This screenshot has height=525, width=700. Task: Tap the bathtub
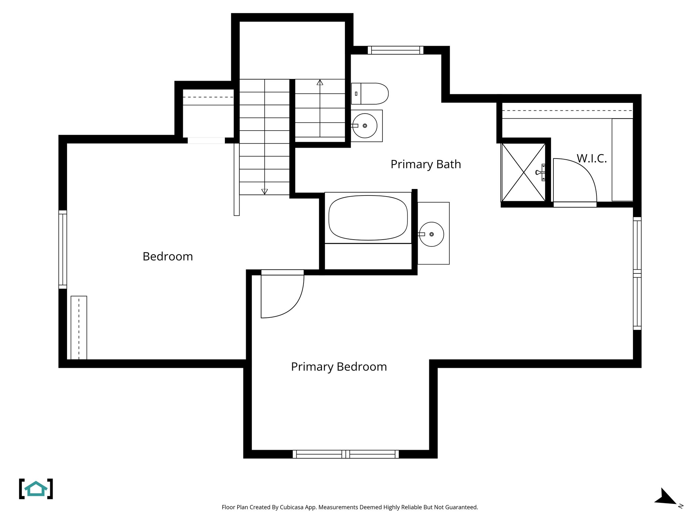(x=368, y=218)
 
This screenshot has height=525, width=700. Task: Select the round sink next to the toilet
(x=365, y=126)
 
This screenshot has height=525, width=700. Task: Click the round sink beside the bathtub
(x=431, y=234)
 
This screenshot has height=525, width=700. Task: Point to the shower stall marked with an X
(x=523, y=173)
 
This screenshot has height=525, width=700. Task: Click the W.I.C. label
(x=591, y=159)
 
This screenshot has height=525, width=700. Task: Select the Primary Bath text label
(x=426, y=164)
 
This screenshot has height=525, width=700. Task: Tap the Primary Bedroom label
(x=339, y=367)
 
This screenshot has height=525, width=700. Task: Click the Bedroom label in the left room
(x=167, y=257)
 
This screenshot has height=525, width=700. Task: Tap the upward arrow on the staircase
(x=320, y=82)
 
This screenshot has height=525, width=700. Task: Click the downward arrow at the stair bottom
(x=265, y=191)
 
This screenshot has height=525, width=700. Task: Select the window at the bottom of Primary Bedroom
(x=346, y=454)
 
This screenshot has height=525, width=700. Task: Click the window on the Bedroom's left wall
(x=63, y=249)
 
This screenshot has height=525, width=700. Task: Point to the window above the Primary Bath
(x=395, y=50)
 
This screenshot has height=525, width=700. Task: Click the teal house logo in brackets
(x=36, y=489)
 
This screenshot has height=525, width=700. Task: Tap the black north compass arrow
(x=665, y=497)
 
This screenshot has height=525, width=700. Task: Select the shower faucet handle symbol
(x=540, y=173)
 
